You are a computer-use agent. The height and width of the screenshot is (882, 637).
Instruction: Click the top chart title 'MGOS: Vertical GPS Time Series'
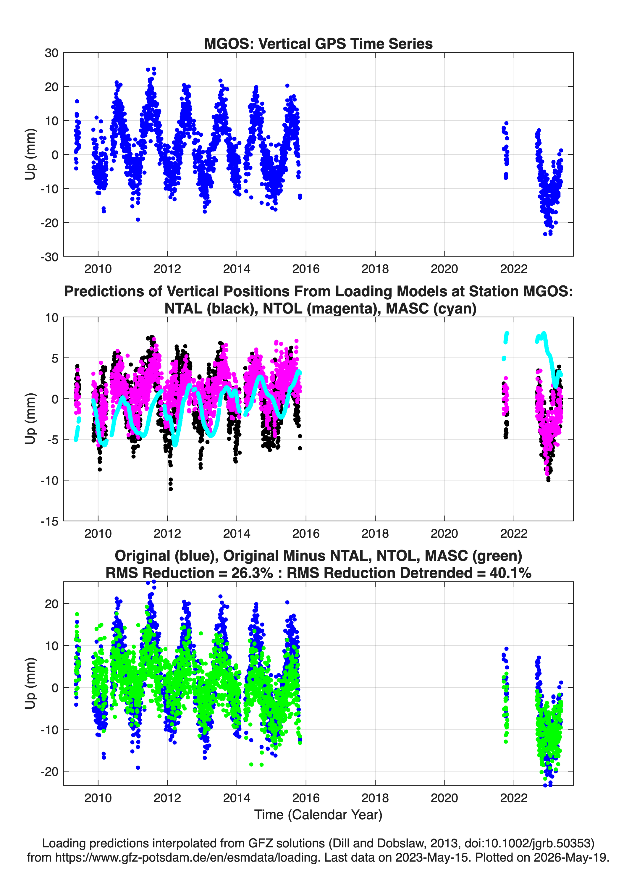point(318,43)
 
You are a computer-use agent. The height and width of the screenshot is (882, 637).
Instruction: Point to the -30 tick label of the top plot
point(49,257)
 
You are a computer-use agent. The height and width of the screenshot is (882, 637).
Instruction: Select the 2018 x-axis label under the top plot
point(375,269)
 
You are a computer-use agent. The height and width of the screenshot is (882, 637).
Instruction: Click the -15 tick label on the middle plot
point(49,521)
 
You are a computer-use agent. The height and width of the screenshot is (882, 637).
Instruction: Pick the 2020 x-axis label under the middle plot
point(444,533)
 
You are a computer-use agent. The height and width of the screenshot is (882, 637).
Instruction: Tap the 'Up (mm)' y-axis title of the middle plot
point(30,419)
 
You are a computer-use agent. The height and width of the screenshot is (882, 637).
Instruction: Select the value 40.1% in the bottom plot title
point(510,573)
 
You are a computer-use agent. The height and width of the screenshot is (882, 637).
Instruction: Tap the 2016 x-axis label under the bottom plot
point(306,798)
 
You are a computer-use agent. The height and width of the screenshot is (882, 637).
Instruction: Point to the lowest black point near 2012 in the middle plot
point(171,489)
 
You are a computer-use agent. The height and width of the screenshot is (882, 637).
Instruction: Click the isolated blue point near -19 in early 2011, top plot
point(138,220)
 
